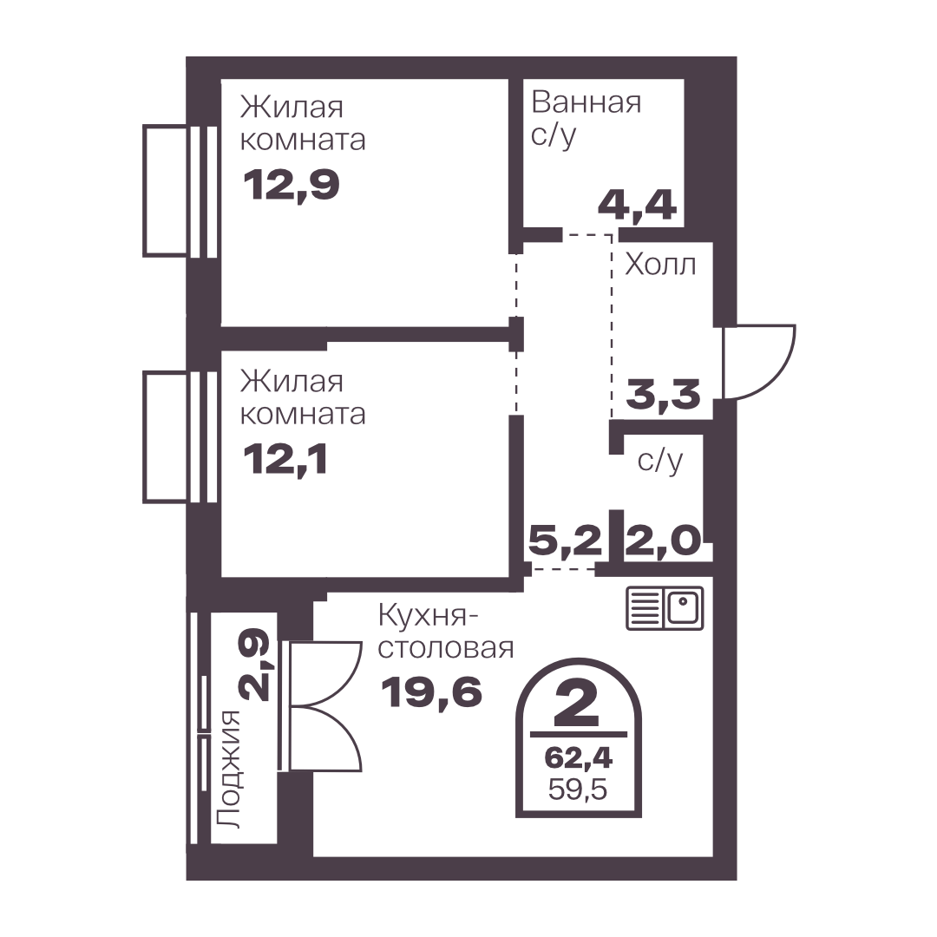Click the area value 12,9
[291, 185]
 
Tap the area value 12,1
[285, 460]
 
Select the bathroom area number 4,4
[637, 206]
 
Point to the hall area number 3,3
[664, 395]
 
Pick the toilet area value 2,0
[662, 541]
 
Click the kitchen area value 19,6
[431, 692]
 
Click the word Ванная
[586, 102]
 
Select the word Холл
[660, 264]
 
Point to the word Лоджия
[227, 770]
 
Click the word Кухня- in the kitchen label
[423, 615]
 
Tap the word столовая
[446, 648]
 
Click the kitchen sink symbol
[665, 608]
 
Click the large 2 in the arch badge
[577, 703]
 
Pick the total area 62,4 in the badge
[579, 758]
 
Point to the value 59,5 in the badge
[578, 790]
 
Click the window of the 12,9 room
[180, 191]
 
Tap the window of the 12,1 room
[180, 436]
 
